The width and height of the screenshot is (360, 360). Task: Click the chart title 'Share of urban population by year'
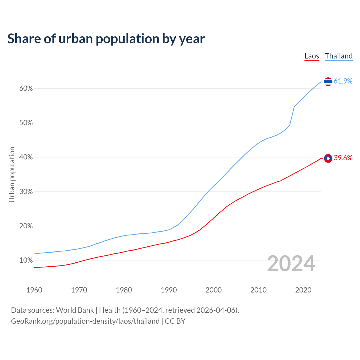[106, 39]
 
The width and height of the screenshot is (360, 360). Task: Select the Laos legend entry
[312, 56]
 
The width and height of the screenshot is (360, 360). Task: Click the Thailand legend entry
[339, 56]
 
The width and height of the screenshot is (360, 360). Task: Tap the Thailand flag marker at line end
[328, 82]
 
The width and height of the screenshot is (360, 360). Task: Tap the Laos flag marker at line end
[328, 158]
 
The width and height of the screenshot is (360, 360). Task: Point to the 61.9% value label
[343, 81]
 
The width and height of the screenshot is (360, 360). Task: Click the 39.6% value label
[343, 158]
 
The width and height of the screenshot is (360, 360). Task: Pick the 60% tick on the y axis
[26, 89]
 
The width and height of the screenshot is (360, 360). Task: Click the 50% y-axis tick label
[26, 123]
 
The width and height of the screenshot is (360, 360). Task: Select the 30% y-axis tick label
[26, 192]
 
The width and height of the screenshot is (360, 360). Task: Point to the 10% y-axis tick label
[26, 260]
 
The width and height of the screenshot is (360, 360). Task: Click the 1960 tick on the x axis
[34, 290]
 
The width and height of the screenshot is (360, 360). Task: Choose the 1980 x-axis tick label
[124, 290]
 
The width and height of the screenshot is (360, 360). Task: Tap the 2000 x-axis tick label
[214, 290]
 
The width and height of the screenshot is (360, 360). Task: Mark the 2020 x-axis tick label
[303, 290]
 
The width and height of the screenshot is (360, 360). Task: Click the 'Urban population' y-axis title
[12, 174]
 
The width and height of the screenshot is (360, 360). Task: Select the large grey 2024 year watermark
[291, 264]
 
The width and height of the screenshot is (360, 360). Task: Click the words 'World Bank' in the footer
[75, 310]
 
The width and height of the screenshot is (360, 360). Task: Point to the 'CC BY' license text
[175, 321]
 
